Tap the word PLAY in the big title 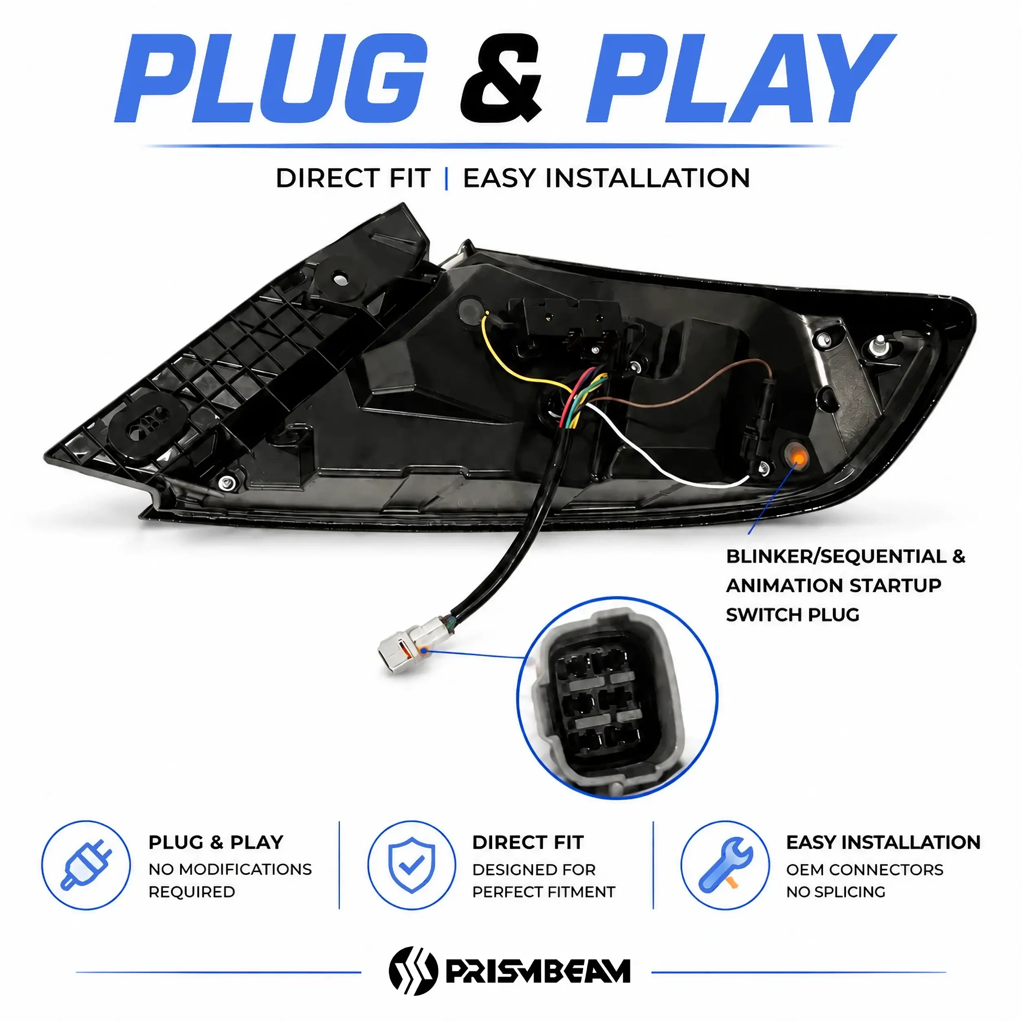(740, 78)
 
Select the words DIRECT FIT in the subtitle (353, 178)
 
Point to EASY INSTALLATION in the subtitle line (607, 178)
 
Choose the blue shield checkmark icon (411, 866)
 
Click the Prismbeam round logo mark (413, 971)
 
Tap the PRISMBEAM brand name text (538, 971)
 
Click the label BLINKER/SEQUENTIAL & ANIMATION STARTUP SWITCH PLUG (845, 585)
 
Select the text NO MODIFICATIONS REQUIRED (230, 880)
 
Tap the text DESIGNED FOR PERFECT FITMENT (543, 880)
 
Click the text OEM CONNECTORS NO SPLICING (864, 880)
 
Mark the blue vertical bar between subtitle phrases (447, 178)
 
